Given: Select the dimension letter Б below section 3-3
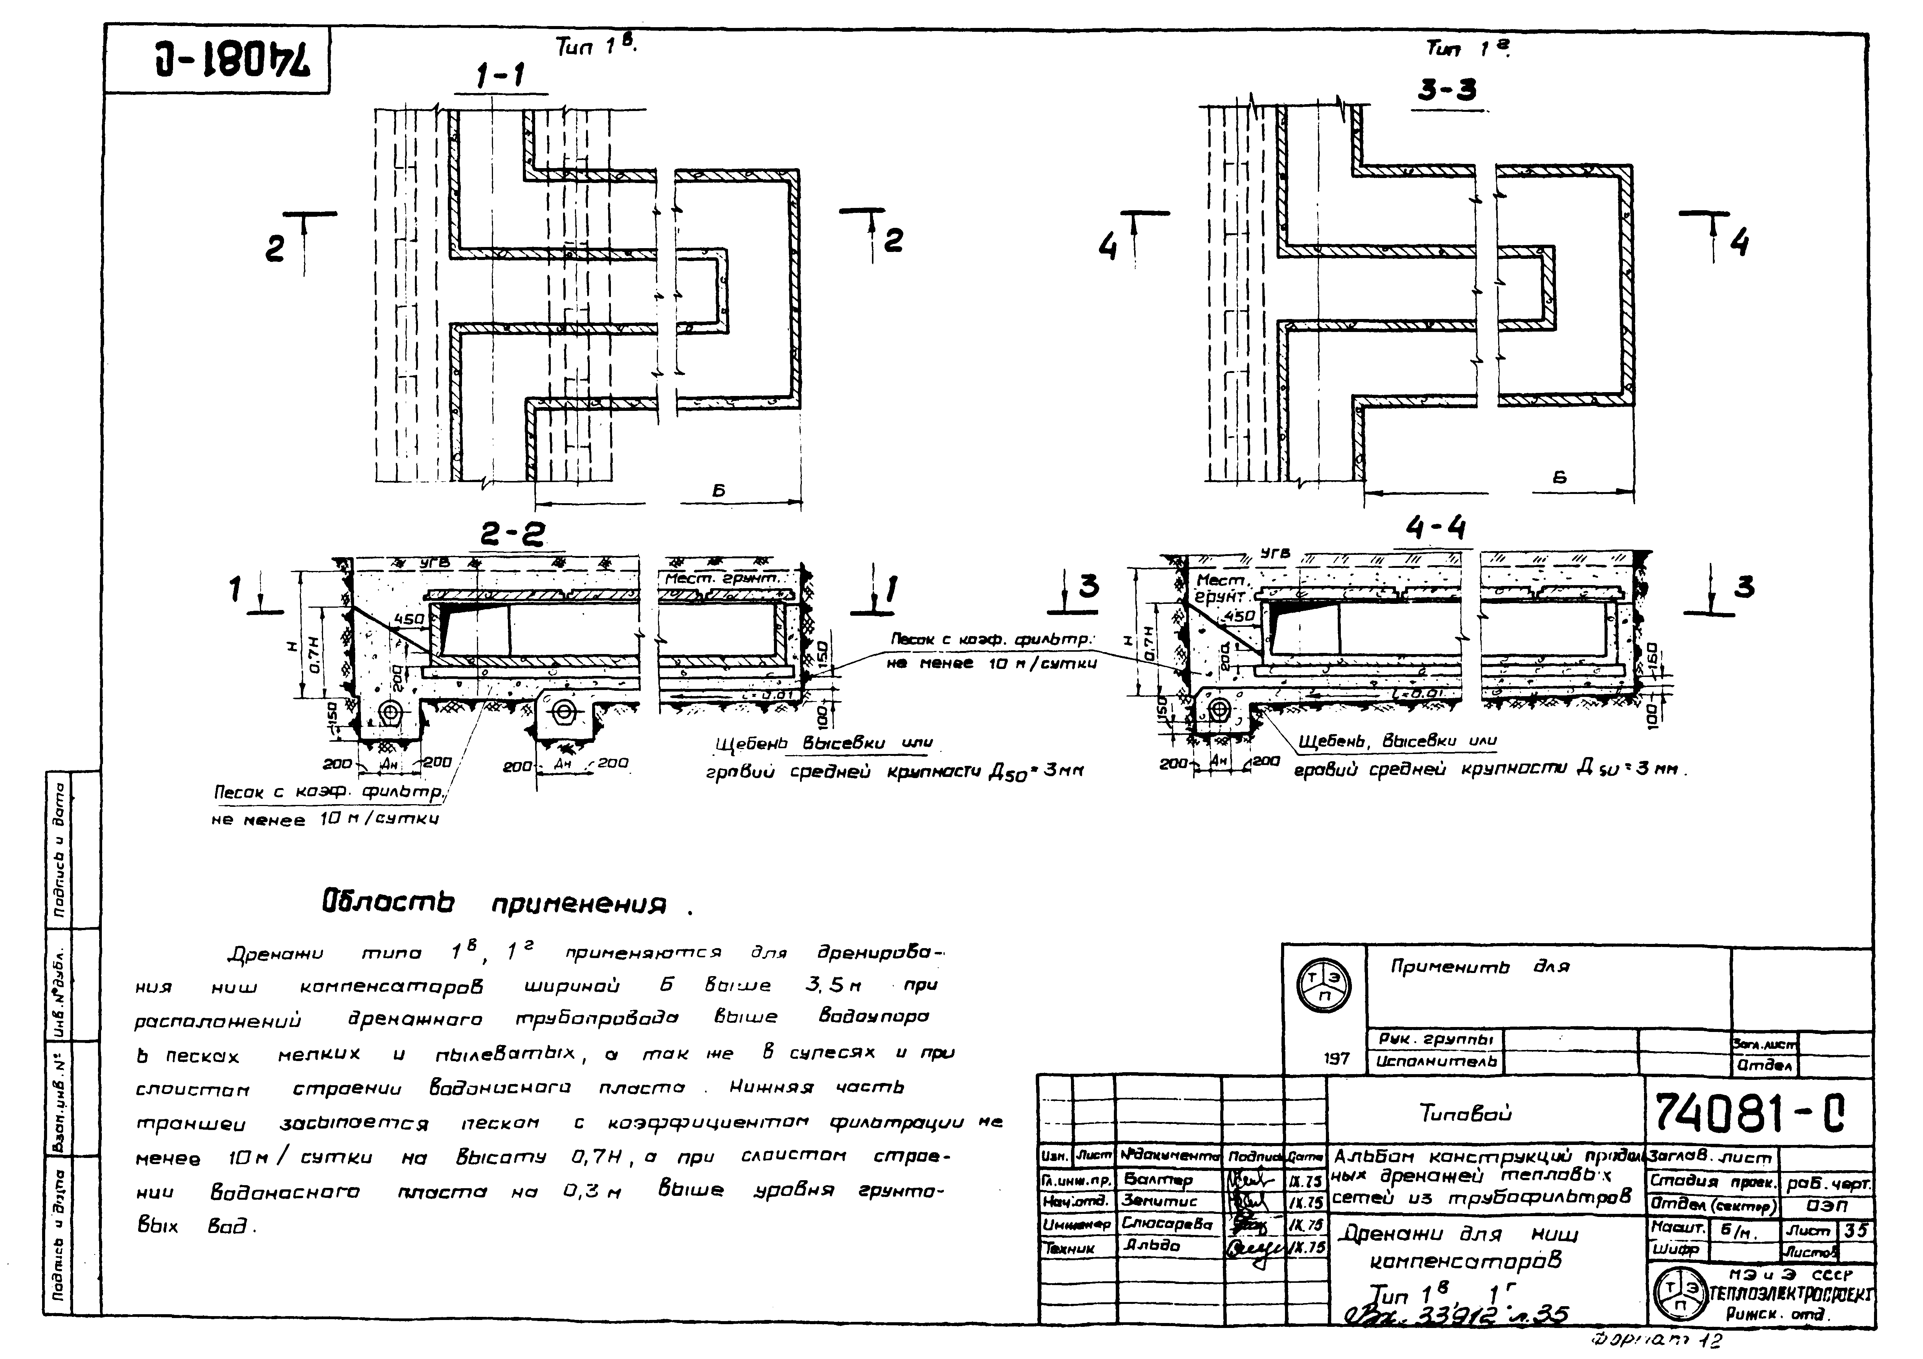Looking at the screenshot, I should pos(1559,478).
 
